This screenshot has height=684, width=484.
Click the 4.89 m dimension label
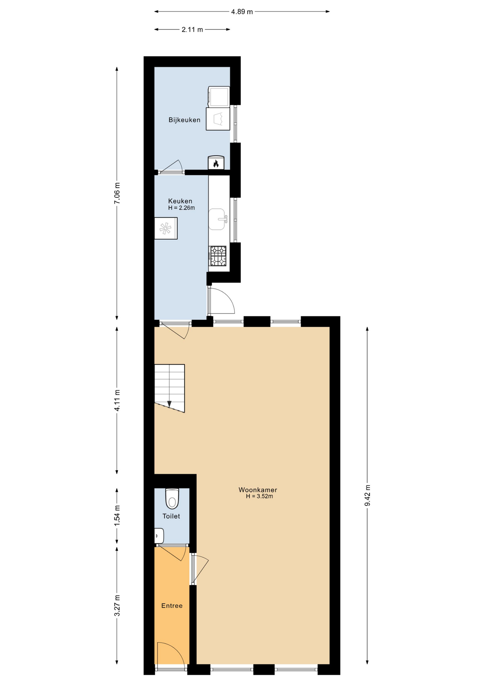point(242,12)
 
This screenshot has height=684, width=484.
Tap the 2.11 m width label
point(192,30)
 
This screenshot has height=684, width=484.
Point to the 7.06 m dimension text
point(117,193)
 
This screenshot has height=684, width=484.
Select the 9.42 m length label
point(367,495)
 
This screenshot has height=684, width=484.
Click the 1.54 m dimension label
point(117,515)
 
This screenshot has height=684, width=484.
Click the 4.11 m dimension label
point(117,400)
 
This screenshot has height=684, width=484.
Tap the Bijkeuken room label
point(184,120)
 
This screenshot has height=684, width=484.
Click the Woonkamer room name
point(258,490)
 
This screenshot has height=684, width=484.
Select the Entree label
point(172,606)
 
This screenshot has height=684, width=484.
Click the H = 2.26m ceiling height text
point(181,208)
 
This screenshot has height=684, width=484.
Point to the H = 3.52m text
point(259,496)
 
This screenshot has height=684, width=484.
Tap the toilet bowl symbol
point(172,499)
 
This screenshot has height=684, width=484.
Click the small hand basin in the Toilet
point(159,536)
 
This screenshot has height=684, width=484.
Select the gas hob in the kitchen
point(217,256)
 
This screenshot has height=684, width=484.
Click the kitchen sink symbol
point(217,219)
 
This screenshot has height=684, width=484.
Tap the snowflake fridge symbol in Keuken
point(165,228)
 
